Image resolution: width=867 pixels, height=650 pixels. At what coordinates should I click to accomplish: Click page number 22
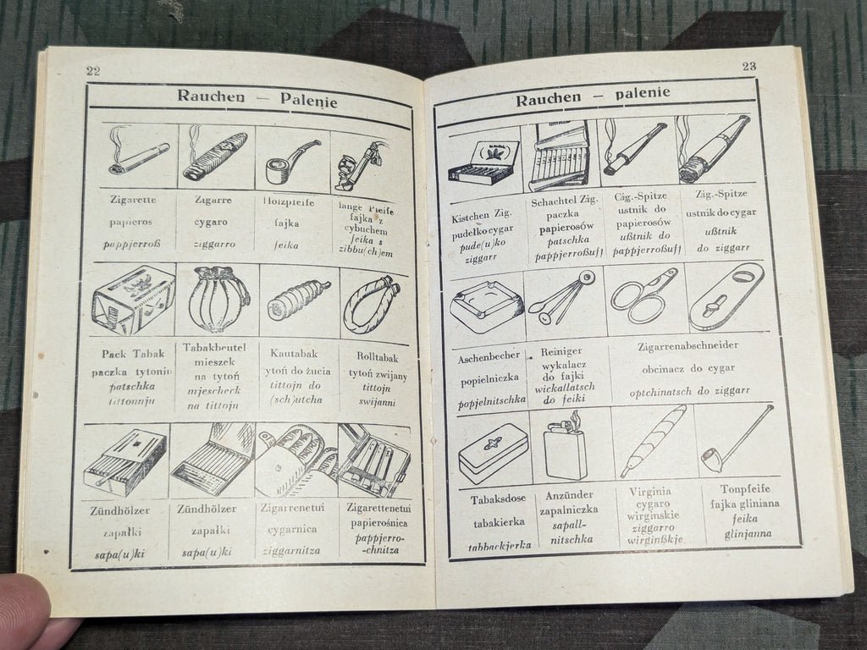(93, 71)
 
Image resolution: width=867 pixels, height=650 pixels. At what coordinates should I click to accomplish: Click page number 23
(748, 66)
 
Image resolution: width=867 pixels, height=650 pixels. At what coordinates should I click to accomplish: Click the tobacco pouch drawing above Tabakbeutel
(218, 300)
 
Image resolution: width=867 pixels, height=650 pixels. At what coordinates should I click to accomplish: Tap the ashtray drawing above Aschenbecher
(486, 305)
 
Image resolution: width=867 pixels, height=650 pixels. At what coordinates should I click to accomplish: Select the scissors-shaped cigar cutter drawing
(644, 295)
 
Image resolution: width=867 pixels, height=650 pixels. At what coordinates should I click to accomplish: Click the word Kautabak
(294, 353)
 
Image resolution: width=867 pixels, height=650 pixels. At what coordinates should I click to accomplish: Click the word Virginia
(650, 491)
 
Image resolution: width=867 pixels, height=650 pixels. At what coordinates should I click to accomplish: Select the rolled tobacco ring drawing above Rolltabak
(372, 301)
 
